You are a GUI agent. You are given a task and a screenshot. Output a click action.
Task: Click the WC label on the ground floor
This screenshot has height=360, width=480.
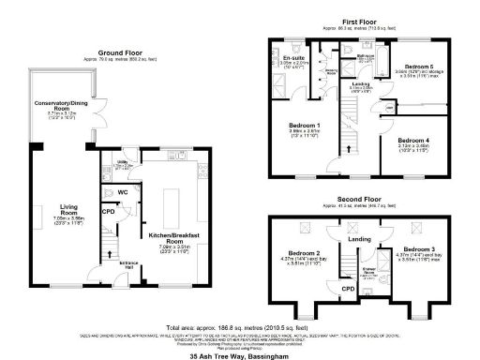coord(123,192)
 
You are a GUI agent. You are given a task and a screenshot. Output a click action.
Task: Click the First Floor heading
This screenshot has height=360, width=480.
coord(359,20)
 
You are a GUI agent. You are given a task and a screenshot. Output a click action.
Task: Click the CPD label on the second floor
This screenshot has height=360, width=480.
coord(348,290)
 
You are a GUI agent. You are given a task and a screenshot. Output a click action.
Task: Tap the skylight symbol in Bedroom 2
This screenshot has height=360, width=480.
coord(306,228)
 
